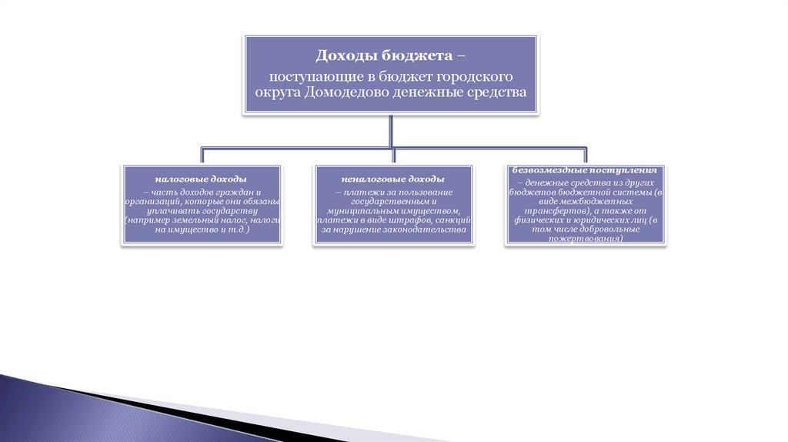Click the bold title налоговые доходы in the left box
201,179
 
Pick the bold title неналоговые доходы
393,179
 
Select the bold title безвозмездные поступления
585,169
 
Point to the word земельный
184,220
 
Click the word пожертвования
586,239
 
